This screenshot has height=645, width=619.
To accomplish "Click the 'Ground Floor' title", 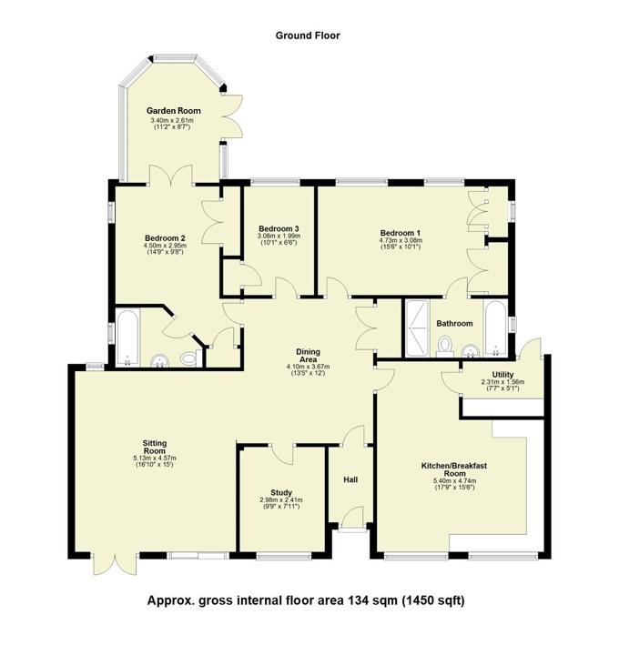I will click(308, 35).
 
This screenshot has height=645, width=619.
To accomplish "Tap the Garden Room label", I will click(176, 111).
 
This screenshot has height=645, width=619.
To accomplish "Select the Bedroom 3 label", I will click(278, 228).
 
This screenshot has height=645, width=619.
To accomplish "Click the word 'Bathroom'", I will click(454, 323).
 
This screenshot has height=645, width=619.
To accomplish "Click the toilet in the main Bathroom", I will click(445, 345).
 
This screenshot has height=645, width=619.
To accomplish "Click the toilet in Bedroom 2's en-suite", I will click(189, 358).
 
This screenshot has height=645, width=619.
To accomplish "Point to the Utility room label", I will click(502, 374).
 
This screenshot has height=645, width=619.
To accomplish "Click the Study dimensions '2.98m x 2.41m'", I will click(280, 499).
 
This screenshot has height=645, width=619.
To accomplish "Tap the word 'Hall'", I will click(350, 479).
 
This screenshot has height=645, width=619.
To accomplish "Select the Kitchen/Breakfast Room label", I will click(454, 469).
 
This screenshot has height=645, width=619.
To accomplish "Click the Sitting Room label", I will click(153, 446).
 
